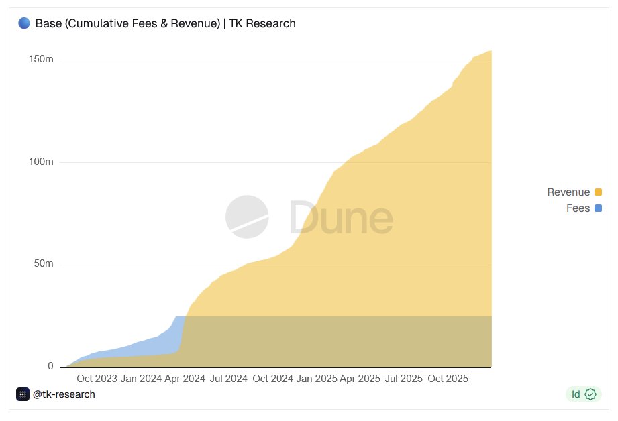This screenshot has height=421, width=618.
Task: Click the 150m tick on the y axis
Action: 41,60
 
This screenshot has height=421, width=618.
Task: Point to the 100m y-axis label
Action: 41,162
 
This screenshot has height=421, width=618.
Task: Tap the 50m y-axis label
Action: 44,264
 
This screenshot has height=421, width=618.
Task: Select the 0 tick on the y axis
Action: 50,367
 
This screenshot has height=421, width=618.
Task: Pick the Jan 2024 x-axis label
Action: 141,379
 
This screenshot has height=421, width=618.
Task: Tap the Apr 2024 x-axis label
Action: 185,379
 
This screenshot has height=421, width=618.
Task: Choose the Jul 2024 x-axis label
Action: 229,379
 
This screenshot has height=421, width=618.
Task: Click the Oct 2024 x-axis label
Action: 273,379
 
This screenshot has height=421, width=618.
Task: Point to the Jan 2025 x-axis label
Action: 317,379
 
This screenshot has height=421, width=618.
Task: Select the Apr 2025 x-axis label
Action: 360,379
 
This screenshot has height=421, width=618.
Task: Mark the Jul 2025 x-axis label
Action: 404,379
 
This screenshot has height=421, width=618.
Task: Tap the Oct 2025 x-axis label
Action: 448,379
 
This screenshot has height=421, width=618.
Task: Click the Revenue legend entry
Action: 568,192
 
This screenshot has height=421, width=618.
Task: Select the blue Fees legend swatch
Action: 598,208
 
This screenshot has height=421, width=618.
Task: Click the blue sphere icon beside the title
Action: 24,23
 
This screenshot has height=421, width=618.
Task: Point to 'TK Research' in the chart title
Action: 262,23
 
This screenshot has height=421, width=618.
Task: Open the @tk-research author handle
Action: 64,394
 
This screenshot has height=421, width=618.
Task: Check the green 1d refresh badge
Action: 582,394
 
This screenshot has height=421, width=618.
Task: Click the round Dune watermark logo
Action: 247,217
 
